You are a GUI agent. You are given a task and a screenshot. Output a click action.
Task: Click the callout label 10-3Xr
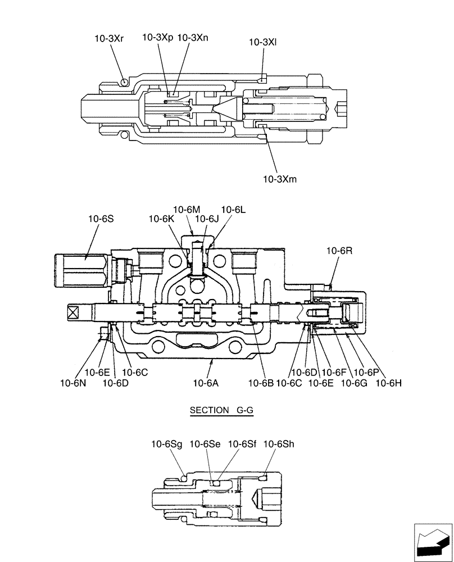tap(109, 38)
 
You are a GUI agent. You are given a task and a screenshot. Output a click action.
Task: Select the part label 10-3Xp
tap(158, 38)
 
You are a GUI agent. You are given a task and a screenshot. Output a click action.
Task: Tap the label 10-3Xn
tap(193, 38)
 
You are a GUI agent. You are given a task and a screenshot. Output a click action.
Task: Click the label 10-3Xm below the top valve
tap(280, 179)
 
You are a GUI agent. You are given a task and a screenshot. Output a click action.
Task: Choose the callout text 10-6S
tap(101, 219)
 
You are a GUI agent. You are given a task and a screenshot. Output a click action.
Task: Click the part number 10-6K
tap(161, 219)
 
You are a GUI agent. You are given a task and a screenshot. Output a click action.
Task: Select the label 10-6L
tap(233, 210)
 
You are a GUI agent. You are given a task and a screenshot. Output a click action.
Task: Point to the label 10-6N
tap(73, 383)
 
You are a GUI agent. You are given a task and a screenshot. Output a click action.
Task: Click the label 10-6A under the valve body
tap(206, 383)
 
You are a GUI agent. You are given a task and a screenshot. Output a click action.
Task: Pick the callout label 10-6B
tap(261, 383)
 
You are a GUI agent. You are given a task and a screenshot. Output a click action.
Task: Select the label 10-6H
tap(388, 383)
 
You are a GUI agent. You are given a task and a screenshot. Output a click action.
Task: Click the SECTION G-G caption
tap(221, 411)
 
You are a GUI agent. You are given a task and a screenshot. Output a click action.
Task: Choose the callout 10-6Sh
tap(279, 444)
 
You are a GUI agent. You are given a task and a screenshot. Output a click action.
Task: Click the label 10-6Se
tap(205, 444)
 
